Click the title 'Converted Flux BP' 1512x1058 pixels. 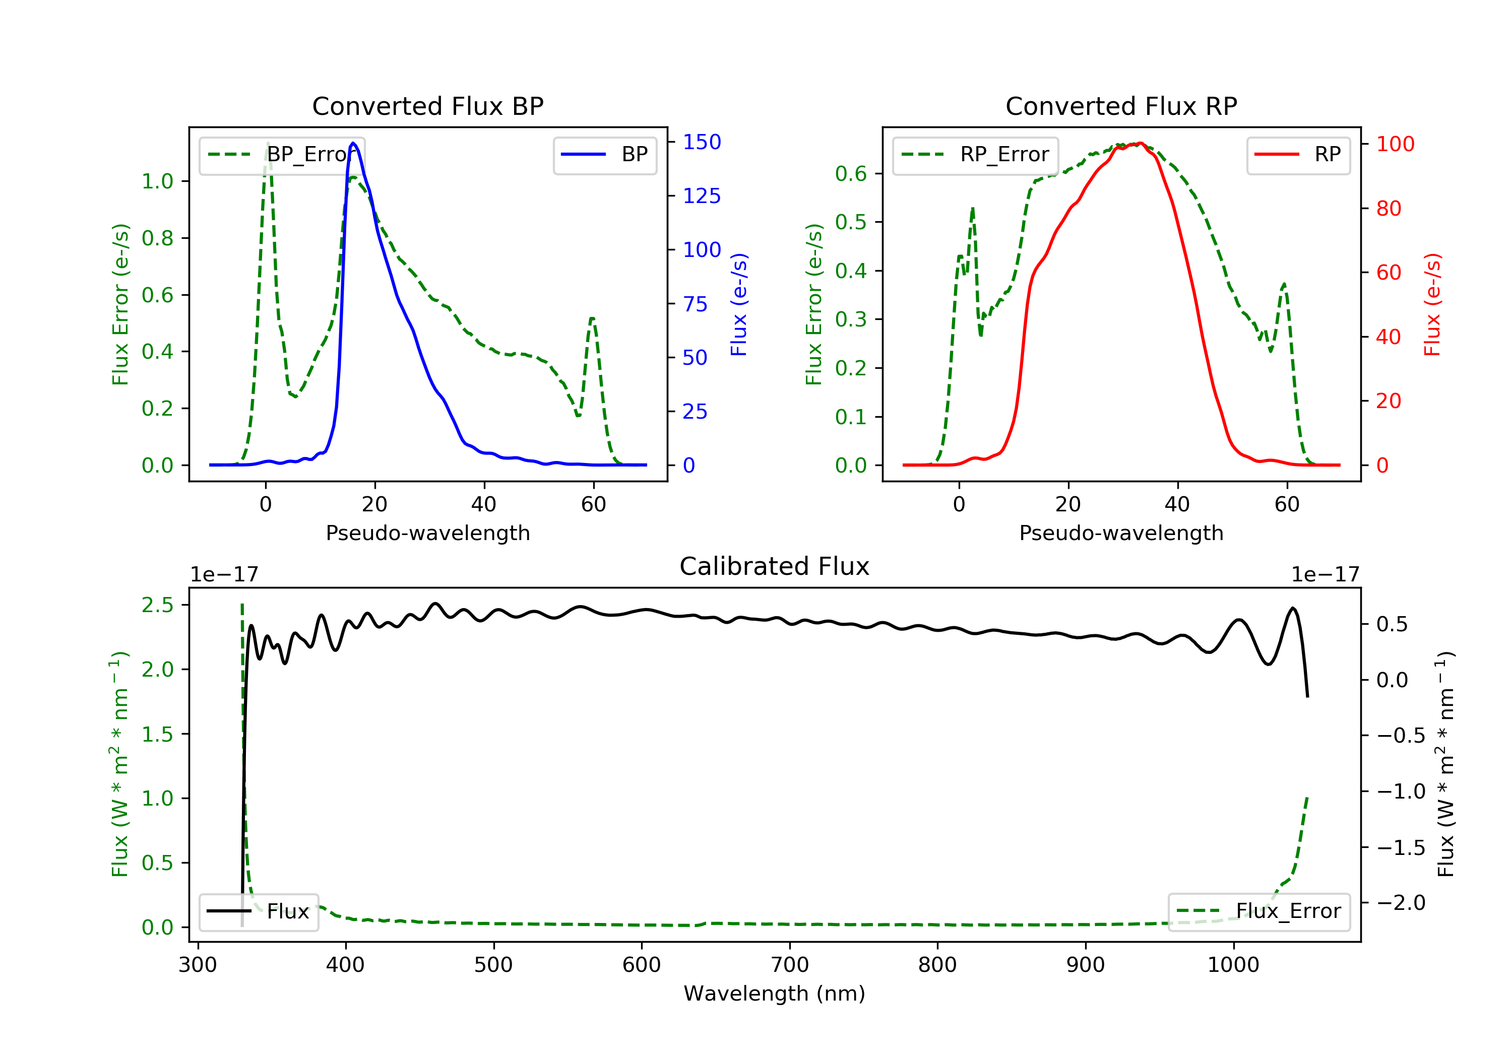(427, 106)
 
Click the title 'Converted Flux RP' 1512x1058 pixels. (1121, 106)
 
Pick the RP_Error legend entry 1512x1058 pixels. (975, 155)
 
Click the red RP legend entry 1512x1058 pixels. (1298, 155)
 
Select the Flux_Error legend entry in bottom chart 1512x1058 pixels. (1258, 911)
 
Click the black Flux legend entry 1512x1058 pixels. (259, 911)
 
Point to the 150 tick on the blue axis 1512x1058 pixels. (702, 142)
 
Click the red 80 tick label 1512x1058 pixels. (1388, 209)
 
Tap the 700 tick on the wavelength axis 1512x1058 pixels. (790, 965)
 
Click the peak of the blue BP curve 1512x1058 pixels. (354, 143)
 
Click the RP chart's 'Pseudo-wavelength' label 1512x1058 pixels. (1121, 533)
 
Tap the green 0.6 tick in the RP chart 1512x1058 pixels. (850, 174)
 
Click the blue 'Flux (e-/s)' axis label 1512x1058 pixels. (739, 304)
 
